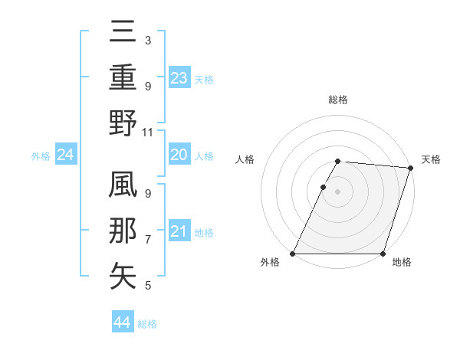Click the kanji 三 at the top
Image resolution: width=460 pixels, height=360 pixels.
[123, 33]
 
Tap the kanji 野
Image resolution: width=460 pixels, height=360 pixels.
[123, 123]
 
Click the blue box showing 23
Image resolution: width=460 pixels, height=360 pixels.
[179, 77]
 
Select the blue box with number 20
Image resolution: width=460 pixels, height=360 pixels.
[179, 155]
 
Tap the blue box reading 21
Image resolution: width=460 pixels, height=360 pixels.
[179, 231]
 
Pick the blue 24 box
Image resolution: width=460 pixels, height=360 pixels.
[66, 155]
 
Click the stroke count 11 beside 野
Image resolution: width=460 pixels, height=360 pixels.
[148, 132]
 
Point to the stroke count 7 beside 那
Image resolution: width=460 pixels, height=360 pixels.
[148, 240]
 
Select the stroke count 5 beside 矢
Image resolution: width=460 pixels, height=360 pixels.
[148, 286]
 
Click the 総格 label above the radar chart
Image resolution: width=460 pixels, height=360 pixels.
[338, 100]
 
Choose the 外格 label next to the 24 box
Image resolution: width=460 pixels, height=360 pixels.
[41, 156]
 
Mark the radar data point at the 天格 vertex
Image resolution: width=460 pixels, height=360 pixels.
[411, 168]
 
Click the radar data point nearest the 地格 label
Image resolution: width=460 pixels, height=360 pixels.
[383, 254]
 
